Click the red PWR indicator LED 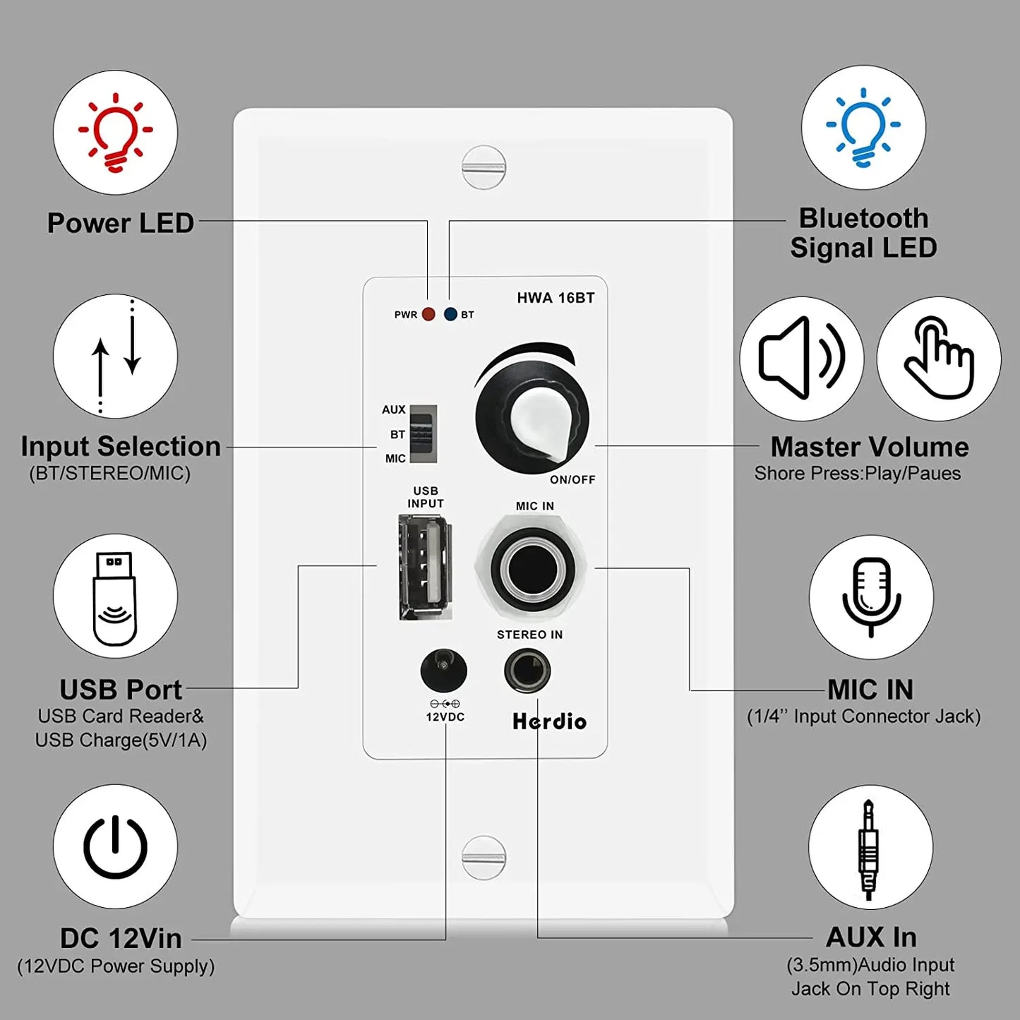[x=428, y=314]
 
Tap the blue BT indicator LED [x=450, y=314]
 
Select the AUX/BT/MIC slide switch [x=424, y=434]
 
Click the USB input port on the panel [x=425, y=567]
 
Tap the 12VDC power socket [x=443, y=671]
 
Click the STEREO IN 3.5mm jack [x=527, y=671]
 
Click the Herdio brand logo [x=549, y=721]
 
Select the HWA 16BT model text [x=556, y=298]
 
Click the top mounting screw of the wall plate [x=484, y=167]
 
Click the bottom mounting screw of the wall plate [x=484, y=857]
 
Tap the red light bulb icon [x=115, y=133]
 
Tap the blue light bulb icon [x=863, y=128]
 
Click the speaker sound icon [x=801, y=359]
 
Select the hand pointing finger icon [x=938, y=359]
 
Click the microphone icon [x=871, y=597]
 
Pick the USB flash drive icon [x=115, y=596]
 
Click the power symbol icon [x=115, y=846]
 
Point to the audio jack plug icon [x=870, y=848]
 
